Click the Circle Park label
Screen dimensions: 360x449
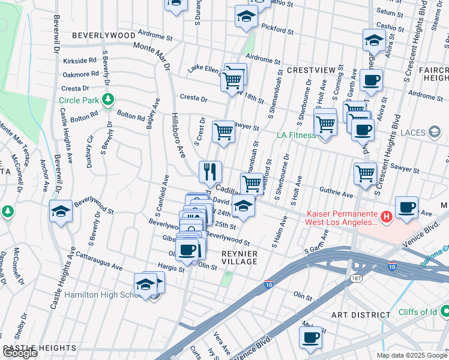pyautogui.click(x=84, y=100)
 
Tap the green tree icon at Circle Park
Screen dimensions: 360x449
pyautogui.click(x=107, y=99)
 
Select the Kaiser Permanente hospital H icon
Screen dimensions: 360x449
pyautogui.click(x=387, y=216)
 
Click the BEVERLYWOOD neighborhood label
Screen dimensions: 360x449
pyautogui.click(x=103, y=35)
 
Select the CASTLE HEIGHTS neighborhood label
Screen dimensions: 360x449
pyautogui.click(x=40, y=348)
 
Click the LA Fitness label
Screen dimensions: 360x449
pyautogui.click(x=296, y=135)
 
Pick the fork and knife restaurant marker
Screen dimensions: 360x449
pyautogui.click(x=210, y=172)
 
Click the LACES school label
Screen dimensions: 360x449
pyautogui.click(x=414, y=132)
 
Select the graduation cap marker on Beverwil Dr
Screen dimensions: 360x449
pyautogui.click(x=61, y=211)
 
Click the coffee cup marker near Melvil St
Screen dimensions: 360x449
pyautogui.click(x=310, y=337)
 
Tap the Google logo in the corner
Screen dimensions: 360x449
pyautogui.click(x=19, y=353)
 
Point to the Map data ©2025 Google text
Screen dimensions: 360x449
pyautogui.click(x=412, y=355)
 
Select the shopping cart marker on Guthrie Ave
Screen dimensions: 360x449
pyautogui.click(x=252, y=183)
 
